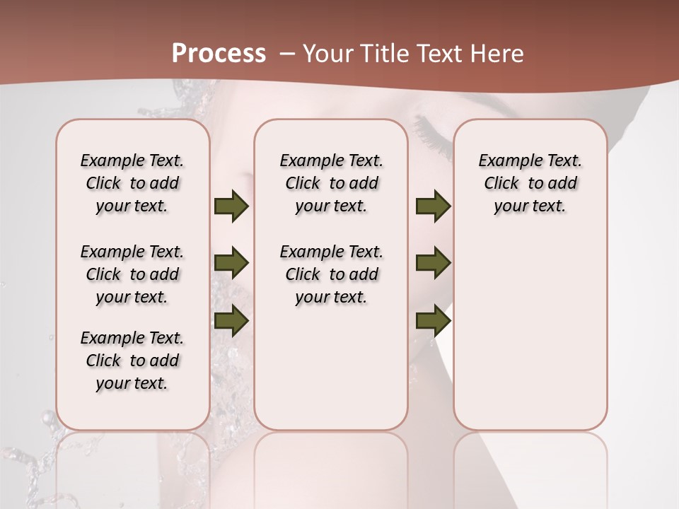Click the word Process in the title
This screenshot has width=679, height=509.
tap(219, 54)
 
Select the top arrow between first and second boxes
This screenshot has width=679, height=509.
tap(231, 206)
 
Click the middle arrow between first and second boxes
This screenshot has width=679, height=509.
tap(231, 263)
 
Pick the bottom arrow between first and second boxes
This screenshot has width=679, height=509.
tap(231, 320)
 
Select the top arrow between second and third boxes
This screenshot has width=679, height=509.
tap(433, 206)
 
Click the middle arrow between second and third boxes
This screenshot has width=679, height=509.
tap(433, 263)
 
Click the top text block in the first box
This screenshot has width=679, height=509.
tap(132, 183)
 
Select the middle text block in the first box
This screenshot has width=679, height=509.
tap(132, 274)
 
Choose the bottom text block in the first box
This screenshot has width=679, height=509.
tap(132, 361)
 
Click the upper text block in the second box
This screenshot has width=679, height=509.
tap(331, 183)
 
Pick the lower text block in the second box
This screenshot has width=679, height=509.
tap(331, 274)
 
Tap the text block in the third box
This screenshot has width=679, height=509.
tap(530, 183)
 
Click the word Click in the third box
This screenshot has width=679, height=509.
tap(501, 183)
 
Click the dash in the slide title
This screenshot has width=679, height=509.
tap(287, 54)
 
